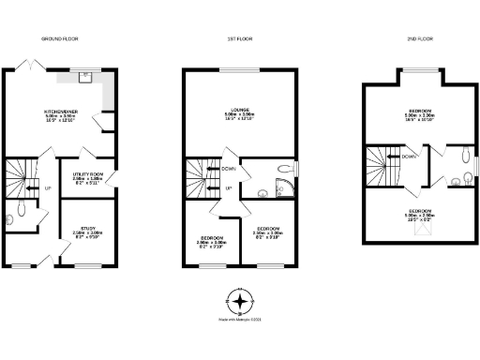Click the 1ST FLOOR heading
pos(239,39)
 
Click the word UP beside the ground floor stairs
pos(47,188)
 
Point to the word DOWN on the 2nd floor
pos(409,157)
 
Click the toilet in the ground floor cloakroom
pos(10,218)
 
